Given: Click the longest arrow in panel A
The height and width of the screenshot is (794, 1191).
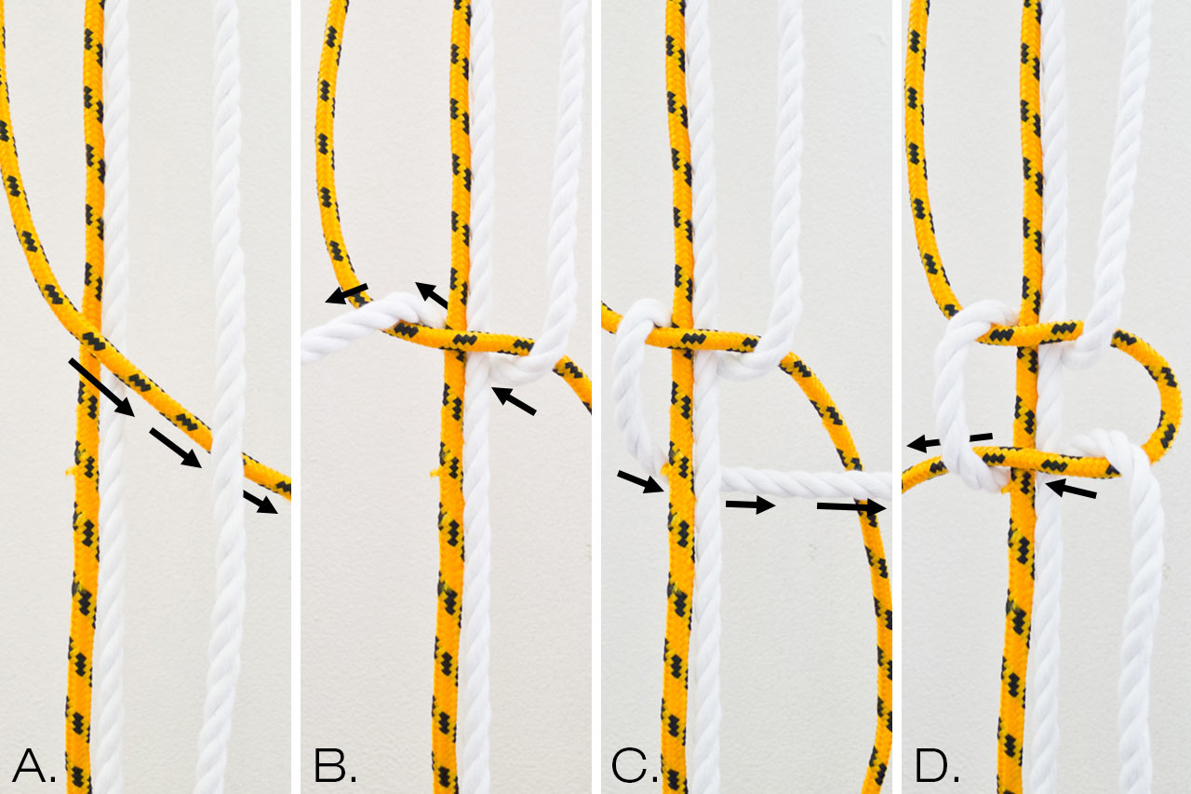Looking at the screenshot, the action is [101, 387].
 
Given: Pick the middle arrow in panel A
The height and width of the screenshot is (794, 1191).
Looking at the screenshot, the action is [176, 448].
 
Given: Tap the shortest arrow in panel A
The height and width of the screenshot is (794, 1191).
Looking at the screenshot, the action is [261, 503].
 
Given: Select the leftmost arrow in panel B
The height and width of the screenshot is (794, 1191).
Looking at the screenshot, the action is [346, 293].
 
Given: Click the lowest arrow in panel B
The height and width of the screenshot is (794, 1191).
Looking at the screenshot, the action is [514, 400].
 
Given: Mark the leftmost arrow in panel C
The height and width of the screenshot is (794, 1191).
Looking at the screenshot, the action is [640, 482].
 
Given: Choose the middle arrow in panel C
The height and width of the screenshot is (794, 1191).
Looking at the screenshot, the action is [750, 505].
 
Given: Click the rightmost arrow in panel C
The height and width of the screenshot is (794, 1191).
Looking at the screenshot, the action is [851, 506].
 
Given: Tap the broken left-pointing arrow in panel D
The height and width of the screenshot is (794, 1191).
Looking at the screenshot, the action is [949, 441].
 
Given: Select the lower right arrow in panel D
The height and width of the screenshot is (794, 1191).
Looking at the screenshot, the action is [1070, 488].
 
